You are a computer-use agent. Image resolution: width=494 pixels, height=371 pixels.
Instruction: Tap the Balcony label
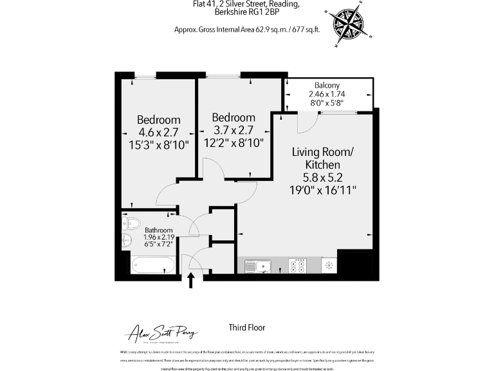(x=327, y=86)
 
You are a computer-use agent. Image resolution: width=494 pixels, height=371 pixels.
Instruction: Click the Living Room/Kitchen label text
(x=323, y=158)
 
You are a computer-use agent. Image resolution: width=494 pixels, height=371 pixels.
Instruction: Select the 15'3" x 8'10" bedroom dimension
(x=158, y=145)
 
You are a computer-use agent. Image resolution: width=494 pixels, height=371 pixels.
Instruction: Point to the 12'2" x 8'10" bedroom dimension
(x=233, y=143)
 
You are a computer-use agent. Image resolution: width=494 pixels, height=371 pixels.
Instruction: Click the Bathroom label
(x=158, y=230)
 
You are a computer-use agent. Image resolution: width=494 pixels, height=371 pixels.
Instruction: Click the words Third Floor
(x=247, y=328)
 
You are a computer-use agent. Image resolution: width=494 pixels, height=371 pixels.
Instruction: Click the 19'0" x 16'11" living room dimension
(x=323, y=190)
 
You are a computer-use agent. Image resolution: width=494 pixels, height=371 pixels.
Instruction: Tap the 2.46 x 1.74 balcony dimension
(x=327, y=94)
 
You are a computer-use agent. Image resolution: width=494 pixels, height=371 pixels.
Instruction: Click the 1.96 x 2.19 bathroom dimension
(x=158, y=238)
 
